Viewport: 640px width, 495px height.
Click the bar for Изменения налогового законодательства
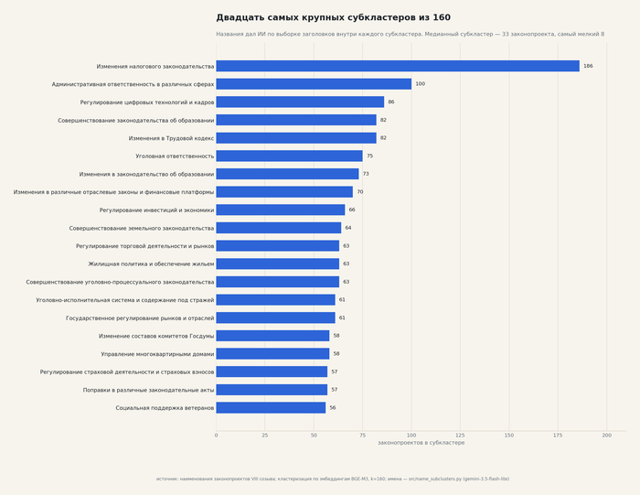tap(398, 66)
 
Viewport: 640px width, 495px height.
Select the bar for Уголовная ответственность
tap(290, 156)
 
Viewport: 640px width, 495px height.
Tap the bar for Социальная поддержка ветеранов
tap(271, 407)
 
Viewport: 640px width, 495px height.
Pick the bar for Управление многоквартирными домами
tap(272, 354)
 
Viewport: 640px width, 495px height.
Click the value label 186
tap(588, 66)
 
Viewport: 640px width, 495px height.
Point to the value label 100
tap(420, 84)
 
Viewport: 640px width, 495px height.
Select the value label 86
tap(391, 102)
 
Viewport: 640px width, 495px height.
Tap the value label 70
tap(360, 192)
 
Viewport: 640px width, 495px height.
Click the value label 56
tap(333, 407)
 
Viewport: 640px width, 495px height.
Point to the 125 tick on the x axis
tap(460, 436)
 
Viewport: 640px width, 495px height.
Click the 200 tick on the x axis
tap(606, 436)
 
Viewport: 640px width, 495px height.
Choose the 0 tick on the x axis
tap(217, 436)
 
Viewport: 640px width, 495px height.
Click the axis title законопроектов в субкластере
tap(421, 443)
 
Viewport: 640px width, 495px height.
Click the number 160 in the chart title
tap(442, 17)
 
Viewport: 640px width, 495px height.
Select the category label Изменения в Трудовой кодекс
tap(171, 138)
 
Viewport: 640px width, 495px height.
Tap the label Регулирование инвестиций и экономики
tap(156, 210)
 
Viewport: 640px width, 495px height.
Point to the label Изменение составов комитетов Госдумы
tap(156, 336)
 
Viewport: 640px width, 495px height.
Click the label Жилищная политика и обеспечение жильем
tap(151, 264)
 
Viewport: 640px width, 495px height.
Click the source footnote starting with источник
tap(333, 479)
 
